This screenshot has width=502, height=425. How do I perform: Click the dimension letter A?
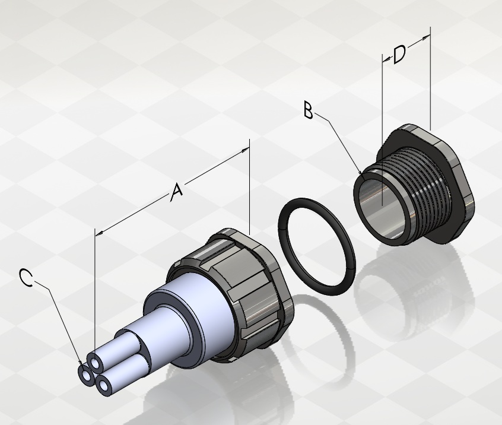click(176, 192)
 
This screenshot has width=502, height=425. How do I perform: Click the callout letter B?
click(308, 110)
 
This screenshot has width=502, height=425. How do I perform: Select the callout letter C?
click(26, 277)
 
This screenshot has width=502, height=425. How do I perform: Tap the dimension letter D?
click(399, 55)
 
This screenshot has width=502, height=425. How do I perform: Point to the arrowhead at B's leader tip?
click(361, 173)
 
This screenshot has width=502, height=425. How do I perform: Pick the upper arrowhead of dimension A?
click(246, 150)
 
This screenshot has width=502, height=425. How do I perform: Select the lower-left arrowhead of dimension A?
click(99, 233)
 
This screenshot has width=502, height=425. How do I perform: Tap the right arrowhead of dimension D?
click(426, 38)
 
